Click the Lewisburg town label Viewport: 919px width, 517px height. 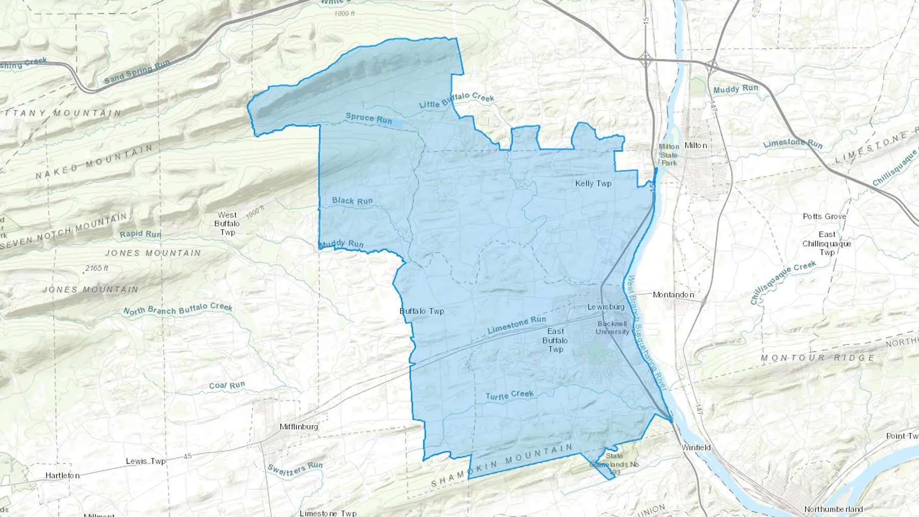[606, 307]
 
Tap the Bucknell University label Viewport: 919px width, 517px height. [612, 328]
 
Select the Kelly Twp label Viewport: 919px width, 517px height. [593, 183]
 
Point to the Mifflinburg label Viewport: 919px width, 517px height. [299, 427]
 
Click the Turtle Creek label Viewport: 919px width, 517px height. [510, 395]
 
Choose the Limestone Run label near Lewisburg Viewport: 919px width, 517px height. [517, 325]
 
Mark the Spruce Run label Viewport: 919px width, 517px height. [369, 118]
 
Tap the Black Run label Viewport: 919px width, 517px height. [352, 201]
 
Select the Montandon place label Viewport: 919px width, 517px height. [673, 294]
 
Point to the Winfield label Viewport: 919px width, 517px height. [696, 448]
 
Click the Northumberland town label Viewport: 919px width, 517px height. [833, 509]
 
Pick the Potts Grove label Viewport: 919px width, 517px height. [824, 216]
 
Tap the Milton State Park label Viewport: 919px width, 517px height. [669, 155]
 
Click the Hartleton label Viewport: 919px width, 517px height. [62, 475]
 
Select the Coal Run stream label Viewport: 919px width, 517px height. [227, 385]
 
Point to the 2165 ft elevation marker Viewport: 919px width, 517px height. [96, 268]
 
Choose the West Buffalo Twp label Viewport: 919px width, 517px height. [227, 224]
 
